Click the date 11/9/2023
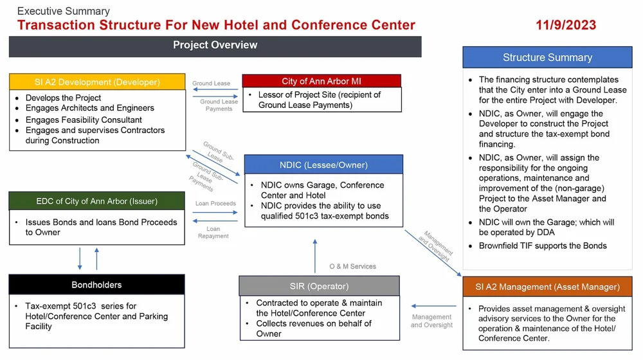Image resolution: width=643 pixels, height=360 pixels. point(566,25)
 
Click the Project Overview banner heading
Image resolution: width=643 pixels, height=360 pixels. point(215,46)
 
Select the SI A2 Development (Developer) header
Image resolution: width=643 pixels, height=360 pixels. point(97,82)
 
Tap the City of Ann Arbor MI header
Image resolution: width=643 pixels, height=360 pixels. point(321,81)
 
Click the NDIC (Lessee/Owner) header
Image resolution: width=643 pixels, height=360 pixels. point(323,165)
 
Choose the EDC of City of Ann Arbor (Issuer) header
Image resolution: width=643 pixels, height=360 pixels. point(97,201)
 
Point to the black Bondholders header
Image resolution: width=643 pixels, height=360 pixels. point(96,285)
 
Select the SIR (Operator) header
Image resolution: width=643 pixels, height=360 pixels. point(319,286)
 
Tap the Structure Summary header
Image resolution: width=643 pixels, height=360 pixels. point(547,57)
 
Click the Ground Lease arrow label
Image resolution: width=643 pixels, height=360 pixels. point(211,84)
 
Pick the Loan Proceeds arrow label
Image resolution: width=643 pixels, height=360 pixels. point(215,204)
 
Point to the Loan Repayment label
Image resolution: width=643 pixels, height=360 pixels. point(213,232)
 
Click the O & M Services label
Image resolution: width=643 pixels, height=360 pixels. point(352,266)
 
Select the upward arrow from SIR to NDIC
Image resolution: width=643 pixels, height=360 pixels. point(314,255)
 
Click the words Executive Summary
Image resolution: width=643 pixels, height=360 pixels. point(63,11)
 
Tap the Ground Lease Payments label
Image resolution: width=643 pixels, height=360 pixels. point(219,105)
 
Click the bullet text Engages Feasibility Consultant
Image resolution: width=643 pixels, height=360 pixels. point(84,120)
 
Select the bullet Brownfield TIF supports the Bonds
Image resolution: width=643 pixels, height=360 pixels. point(543,246)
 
